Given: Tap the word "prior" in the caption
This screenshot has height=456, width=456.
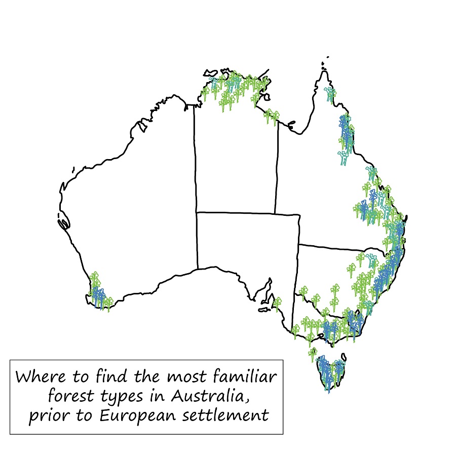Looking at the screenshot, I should point(46,415).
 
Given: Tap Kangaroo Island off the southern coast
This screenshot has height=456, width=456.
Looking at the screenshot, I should point(264,308).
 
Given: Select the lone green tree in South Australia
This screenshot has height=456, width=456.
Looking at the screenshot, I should point(277,303).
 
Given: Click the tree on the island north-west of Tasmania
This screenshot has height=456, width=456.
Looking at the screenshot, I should point(313,353).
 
